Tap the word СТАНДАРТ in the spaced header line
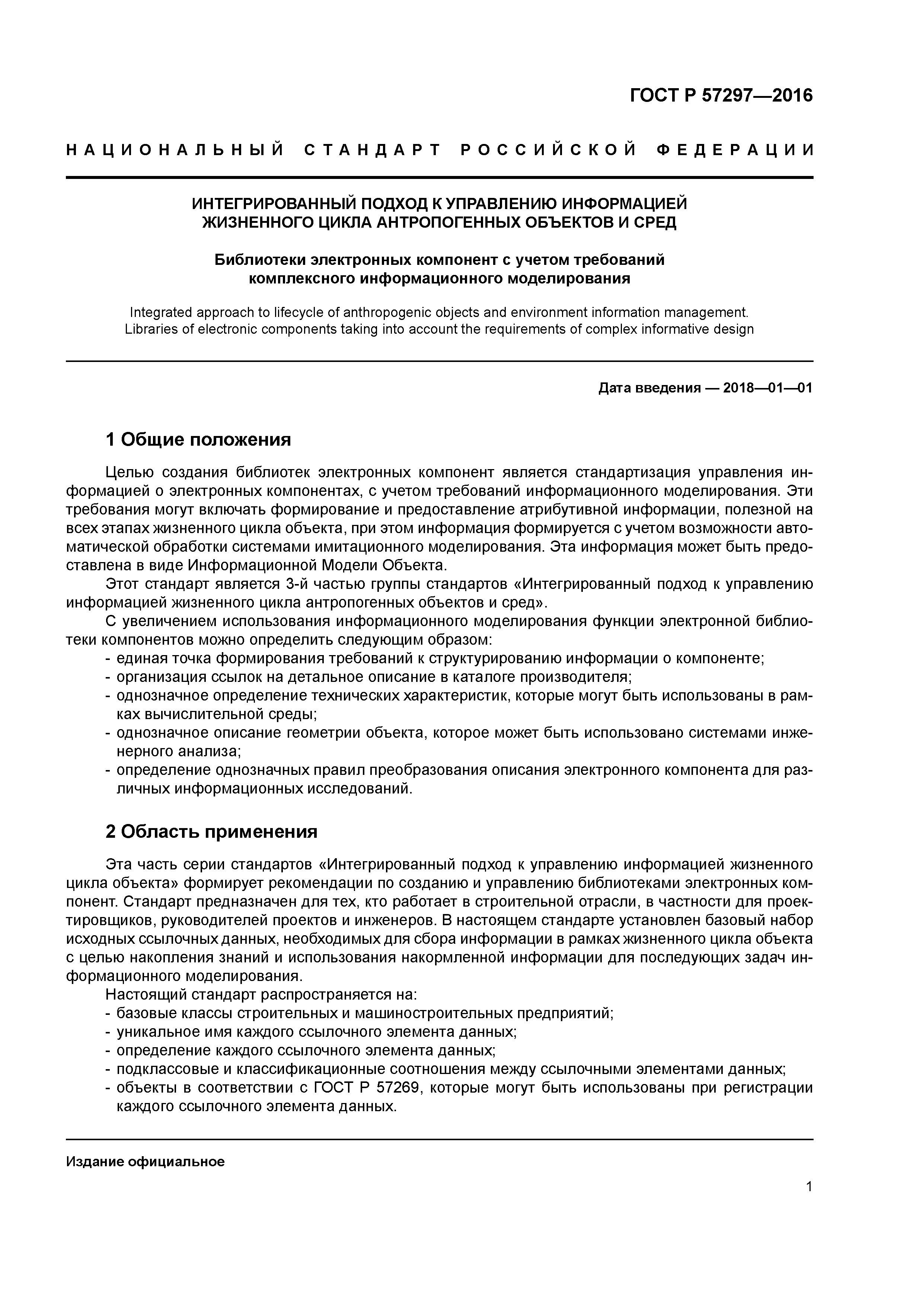coord(373,150)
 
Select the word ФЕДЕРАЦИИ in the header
coord(735,150)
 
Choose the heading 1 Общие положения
coord(198,439)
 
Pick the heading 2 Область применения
coord(211,831)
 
